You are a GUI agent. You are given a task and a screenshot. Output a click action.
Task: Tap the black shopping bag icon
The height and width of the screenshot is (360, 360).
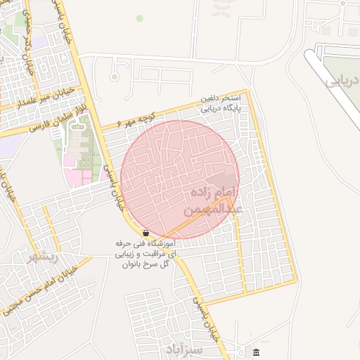tap(145, 233)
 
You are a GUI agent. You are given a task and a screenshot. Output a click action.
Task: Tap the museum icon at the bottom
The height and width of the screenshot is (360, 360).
tap(256, 352)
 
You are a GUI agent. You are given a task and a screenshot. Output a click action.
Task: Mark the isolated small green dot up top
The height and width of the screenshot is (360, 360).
tap(139, 18)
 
